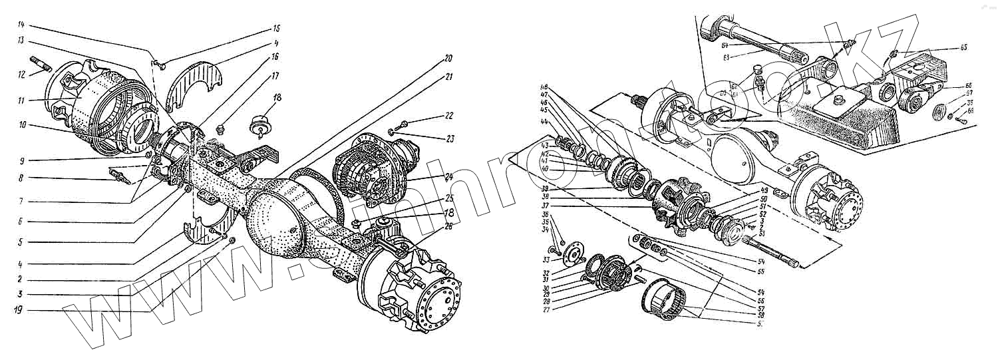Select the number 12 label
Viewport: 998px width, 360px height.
22,74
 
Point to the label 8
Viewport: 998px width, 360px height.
22,178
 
